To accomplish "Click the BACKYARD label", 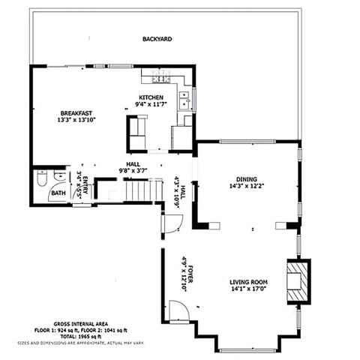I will (157, 38).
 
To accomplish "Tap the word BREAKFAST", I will (76, 112).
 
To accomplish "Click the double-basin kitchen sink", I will (183, 97).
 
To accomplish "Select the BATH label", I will (58, 193).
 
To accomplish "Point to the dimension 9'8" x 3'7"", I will (133, 170).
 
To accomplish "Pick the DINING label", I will (247, 179).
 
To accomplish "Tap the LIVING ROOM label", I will (250, 283).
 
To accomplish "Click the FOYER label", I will (190, 269).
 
